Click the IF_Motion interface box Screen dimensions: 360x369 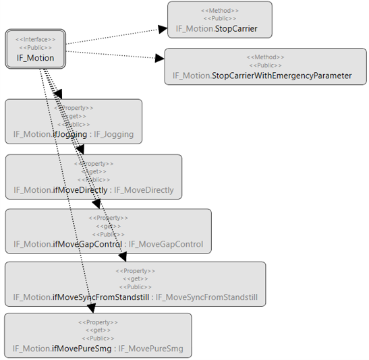pyautogui.click(x=35, y=49)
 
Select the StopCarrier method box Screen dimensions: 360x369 pyautogui.click(x=219, y=20)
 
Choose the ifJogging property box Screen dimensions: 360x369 pyautogui.click(x=74, y=121)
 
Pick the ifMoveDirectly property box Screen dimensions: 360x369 pyautogui.click(x=93, y=177)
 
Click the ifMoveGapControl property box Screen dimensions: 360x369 pyautogui.click(x=108, y=231)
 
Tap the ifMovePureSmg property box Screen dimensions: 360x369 pyautogui.click(x=98, y=335)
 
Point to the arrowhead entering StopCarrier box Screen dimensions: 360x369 pyautogui.click(x=162, y=29)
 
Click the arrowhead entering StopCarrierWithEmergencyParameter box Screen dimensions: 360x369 pyautogui.click(x=159, y=59)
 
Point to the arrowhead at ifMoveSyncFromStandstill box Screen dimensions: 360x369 pyautogui.click(x=122, y=257)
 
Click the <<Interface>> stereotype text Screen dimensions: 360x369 pyautogui.click(x=35, y=39)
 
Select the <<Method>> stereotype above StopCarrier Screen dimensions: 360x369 pyautogui.click(x=219, y=11)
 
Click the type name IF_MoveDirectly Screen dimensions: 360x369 pyautogui.click(x=144, y=189)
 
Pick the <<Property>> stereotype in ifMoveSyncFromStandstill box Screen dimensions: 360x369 pyautogui.click(x=135, y=271)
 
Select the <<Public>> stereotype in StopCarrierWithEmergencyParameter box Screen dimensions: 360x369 pyautogui.click(x=265, y=65)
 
